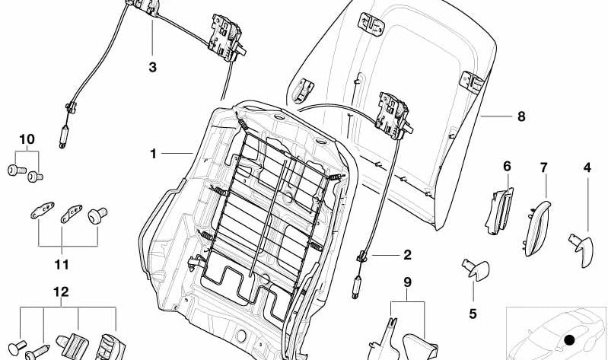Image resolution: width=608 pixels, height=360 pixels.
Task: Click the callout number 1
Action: coord(153,154)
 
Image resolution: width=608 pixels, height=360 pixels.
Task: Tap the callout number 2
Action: coord(407,255)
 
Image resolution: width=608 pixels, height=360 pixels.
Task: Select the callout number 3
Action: coord(152,68)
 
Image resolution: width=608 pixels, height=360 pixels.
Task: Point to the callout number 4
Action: coord(587,167)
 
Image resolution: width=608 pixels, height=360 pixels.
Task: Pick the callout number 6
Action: coord(507,165)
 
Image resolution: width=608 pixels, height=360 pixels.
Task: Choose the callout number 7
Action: coord(544,167)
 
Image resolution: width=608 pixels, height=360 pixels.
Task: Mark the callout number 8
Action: coord(520,117)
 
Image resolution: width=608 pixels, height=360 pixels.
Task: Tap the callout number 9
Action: coord(407,282)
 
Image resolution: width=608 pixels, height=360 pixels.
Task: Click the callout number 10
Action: coord(27,139)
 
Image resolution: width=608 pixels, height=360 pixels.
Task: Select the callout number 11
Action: coord(62,265)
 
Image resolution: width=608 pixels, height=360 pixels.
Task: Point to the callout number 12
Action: coord(61,292)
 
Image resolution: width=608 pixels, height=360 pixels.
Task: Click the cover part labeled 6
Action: coord(498,211)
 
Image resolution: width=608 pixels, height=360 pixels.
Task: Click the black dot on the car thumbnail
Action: coord(568,340)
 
